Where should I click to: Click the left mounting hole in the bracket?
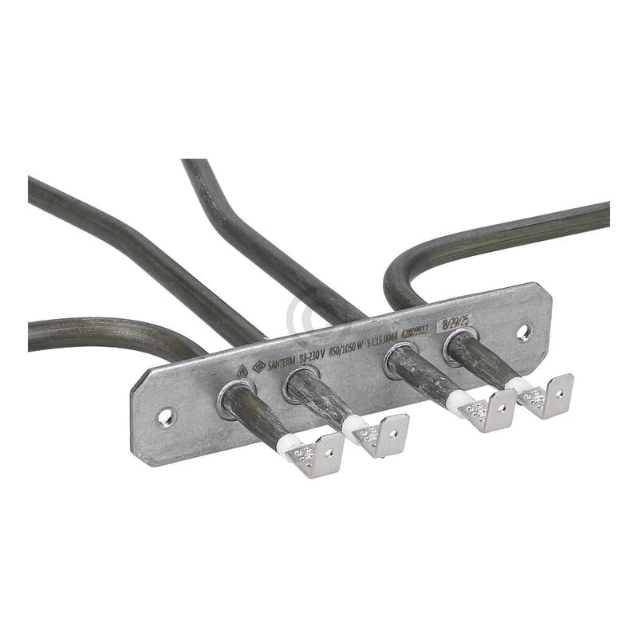(x=164, y=415)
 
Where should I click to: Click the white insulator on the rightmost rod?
(x=520, y=385)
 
